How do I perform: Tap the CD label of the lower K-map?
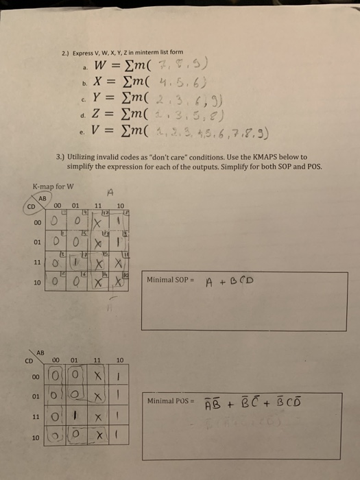click(x=29, y=357)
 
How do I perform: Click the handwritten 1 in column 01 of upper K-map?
click(x=77, y=283)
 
